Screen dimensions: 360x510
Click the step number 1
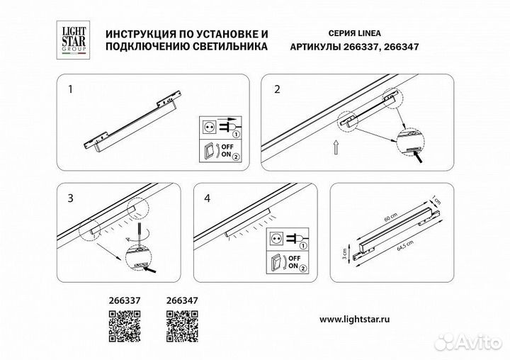click(x=69, y=90)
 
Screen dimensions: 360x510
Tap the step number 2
click(x=278, y=90)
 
